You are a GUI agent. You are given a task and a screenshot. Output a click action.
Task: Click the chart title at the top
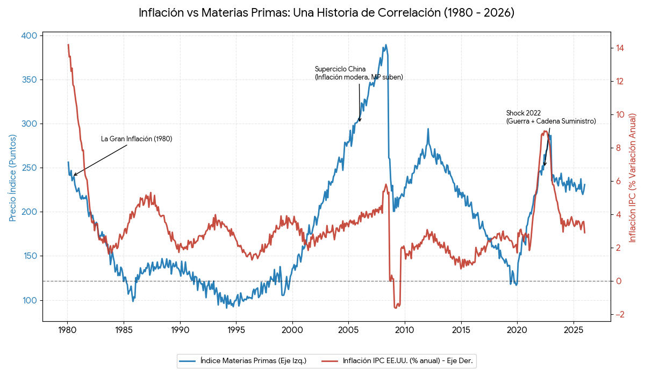pyautogui.click(x=326, y=13)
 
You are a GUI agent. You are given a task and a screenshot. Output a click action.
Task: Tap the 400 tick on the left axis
pyautogui.click(x=30, y=35)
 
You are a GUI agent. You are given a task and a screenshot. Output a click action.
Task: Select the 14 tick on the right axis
pyautogui.click(x=620, y=48)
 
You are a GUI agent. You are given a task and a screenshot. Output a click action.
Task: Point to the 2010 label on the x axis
pyautogui.click(x=404, y=329)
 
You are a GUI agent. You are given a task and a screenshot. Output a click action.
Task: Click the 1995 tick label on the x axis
pyautogui.click(x=236, y=329)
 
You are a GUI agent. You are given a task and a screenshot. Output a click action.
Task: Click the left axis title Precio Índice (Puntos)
pyautogui.click(x=13, y=178)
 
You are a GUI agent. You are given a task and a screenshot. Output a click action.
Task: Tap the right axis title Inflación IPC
pyautogui.click(x=633, y=178)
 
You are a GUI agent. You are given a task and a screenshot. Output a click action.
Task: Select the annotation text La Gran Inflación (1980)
pyautogui.click(x=137, y=139)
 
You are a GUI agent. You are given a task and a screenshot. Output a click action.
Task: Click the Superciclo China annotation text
pyautogui.click(x=359, y=73)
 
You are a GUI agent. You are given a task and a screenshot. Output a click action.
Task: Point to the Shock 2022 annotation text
pyautogui.click(x=550, y=117)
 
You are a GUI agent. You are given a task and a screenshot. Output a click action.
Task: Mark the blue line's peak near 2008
pyautogui.click(x=385, y=45)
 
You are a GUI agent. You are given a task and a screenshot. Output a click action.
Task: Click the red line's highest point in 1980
pyautogui.click(x=68, y=45)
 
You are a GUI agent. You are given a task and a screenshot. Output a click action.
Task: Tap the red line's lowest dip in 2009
pyautogui.click(x=397, y=308)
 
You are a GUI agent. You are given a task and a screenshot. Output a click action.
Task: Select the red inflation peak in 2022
pyautogui.click(x=545, y=131)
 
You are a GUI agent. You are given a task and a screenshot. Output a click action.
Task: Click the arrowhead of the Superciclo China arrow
pyautogui.click(x=360, y=121)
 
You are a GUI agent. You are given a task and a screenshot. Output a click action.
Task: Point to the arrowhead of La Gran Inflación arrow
pyautogui.click(x=74, y=175)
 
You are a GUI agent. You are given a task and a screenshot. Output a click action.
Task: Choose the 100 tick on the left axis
pyautogui.click(x=30, y=300)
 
